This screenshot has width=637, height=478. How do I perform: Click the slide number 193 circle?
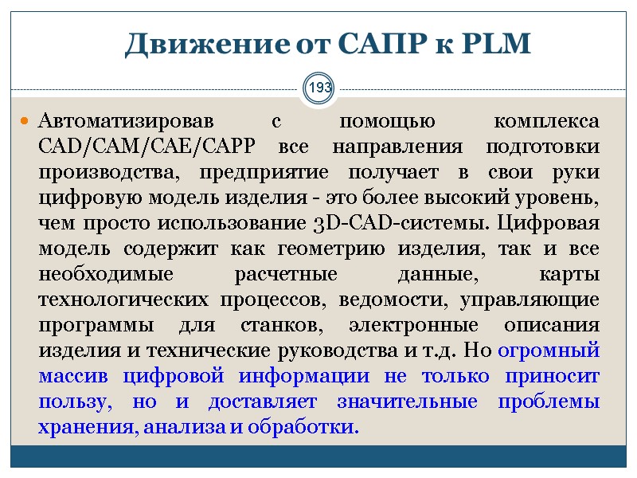319,86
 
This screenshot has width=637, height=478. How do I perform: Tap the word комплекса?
545,122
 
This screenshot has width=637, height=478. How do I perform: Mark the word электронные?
421,326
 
